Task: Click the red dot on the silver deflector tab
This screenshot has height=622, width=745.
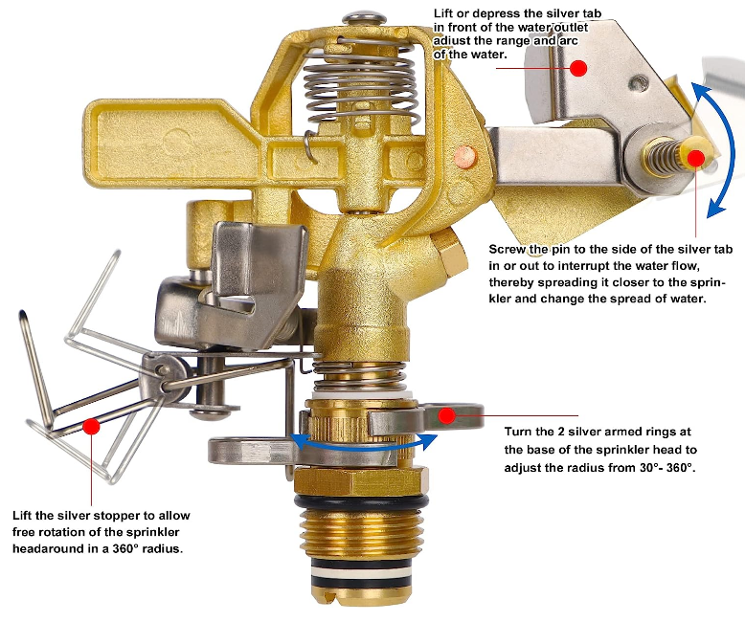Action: click(x=577, y=68)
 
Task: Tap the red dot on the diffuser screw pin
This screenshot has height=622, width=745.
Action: click(x=696, y=158)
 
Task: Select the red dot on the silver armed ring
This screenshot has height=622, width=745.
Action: click(x=446, y=416)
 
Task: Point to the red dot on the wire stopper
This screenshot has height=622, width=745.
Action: click(x=91, y=426)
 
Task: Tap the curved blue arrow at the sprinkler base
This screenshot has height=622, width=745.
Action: click(x=364, y=446)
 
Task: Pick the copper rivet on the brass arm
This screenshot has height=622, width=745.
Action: click(x=465, y=156)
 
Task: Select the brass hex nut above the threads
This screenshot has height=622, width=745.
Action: click(x=361, y=481)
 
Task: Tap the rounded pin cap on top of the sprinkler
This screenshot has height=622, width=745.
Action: click(x=364, y=20)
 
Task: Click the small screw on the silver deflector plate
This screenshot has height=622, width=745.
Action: click(x=639, y=85)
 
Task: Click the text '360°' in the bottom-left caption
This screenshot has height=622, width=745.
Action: click(x=126, y=549)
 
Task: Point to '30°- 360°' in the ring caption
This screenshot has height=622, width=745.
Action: click(x=667, y=468)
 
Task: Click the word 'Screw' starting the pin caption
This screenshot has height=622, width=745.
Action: click(x=508, y=250)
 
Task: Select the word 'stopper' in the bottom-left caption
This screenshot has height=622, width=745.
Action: click(x=117, y=517)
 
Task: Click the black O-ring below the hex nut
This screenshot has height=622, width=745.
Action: click(x=361, y=501)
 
